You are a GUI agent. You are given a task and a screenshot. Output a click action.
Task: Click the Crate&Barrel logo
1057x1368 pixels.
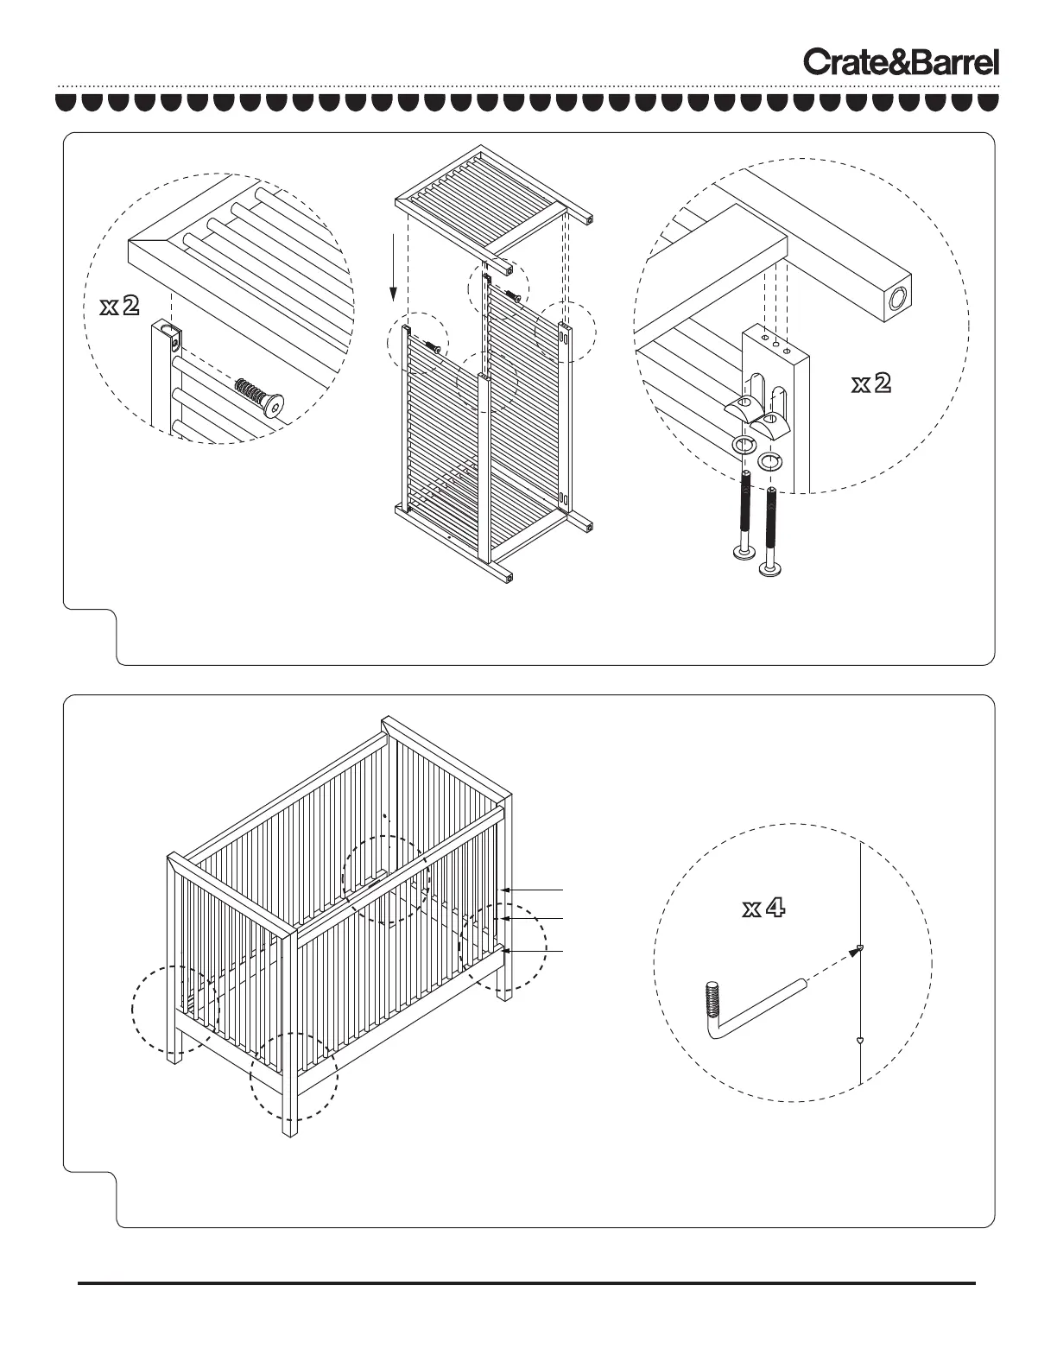pyautogui.click(x=902, y=62)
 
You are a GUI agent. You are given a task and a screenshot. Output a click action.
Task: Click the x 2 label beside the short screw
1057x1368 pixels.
pyautogui.click(x=120, y=306)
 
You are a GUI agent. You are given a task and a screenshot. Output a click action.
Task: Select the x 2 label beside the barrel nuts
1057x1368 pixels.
pyautogui.click(x=870, y=383)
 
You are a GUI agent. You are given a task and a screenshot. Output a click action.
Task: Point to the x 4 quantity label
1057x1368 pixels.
pyautogui.click(x=764, y=908)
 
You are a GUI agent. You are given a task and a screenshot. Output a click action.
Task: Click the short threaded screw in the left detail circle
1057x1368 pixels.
pyautogui.click(x=259, y=397)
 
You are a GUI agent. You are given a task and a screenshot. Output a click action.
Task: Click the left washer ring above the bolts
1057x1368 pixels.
pyautogui.click(x=744, y=446)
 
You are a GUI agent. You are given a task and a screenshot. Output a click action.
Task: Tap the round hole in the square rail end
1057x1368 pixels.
pyautogui.click(x=898, y=299)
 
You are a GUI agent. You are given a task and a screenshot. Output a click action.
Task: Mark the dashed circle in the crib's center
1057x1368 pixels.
pyautogui.click(x=385, y=880)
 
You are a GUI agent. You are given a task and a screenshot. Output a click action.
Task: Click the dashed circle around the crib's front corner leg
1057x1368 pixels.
pyautogui.click(x=294, y=1076)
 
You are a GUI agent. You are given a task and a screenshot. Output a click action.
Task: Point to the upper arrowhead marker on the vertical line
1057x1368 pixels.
pyautogui.click(x=860, y=949)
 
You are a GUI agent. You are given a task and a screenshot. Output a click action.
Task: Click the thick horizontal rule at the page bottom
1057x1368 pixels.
pyautogui.click(x=527, y=1283)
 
